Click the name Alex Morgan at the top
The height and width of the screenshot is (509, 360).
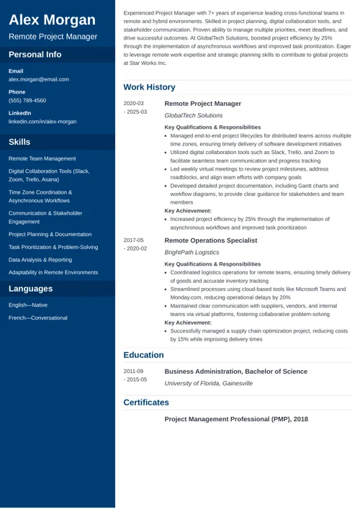(52, 19)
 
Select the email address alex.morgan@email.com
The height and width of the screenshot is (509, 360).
(39, 79)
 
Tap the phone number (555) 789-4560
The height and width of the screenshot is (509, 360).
(27, 100)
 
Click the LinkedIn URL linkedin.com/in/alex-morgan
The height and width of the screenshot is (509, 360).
(42, 122)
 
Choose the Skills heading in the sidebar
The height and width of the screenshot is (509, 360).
(19, 142)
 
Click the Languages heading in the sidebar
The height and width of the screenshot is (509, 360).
(30, 289)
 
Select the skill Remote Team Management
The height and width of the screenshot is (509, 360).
(42, 158)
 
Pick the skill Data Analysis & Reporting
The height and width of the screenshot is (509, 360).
(40, 259)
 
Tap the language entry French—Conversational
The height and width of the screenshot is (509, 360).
(38, 317)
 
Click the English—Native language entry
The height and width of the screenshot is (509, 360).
(28, 305)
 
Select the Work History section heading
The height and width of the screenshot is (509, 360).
(149, 87)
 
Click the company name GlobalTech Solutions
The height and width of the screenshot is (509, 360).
(194, 115)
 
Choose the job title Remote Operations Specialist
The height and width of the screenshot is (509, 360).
(211, 240)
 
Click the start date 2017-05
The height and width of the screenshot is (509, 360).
(134, 240)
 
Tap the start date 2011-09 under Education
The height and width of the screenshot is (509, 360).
(134, 371)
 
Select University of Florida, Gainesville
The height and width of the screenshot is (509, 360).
(209, 384)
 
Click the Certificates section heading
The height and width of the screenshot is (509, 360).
(146, 402)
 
